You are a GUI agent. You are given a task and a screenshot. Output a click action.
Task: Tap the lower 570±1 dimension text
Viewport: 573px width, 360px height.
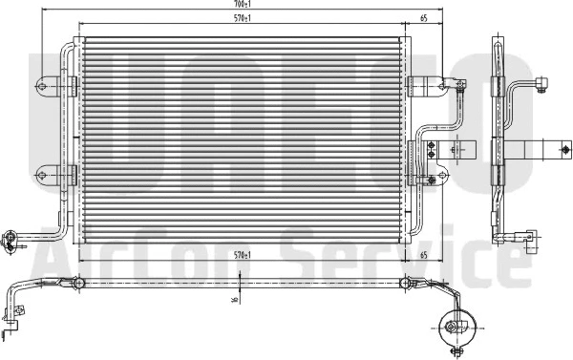click(244, 256)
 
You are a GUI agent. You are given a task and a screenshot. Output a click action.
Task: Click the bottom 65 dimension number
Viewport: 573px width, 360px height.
click(423, 256)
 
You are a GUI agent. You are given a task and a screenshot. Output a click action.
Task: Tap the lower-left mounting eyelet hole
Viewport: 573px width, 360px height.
click(43, 173)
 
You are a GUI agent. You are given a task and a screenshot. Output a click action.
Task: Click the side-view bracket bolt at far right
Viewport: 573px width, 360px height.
click(565, 150)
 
